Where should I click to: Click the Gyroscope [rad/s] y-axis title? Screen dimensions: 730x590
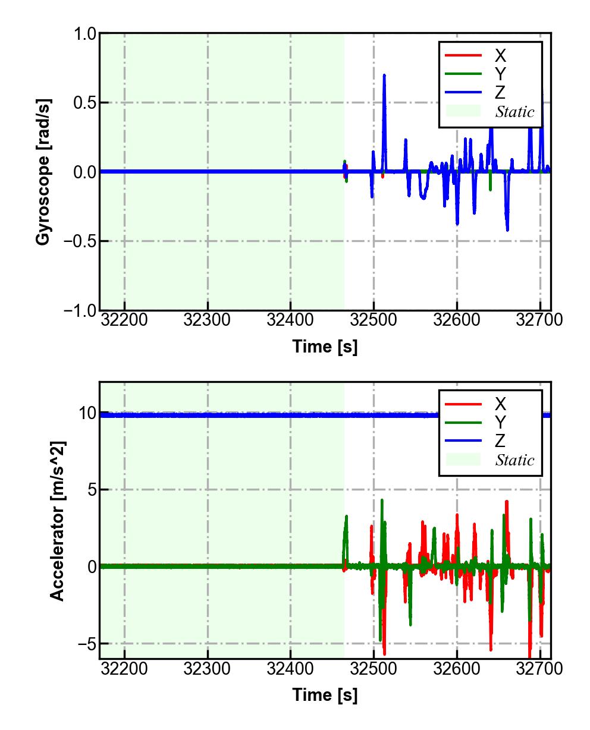pos(43,172)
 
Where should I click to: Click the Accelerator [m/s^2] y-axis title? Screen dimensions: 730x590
pos(58,521)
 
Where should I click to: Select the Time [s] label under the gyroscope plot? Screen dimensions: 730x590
pos(325,347)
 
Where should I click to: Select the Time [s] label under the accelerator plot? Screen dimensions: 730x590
pos(325,694)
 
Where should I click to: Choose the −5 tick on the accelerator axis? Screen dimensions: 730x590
pos(85,644)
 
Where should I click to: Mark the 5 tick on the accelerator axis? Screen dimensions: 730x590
pos(90,490)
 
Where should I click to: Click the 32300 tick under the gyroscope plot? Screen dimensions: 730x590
pos(208,321)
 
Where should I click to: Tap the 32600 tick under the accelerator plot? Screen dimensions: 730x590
pos(457,669)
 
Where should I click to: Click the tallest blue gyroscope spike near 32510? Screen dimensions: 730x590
pos(384,76)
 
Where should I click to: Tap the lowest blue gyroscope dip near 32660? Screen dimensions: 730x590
pos(507,229)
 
